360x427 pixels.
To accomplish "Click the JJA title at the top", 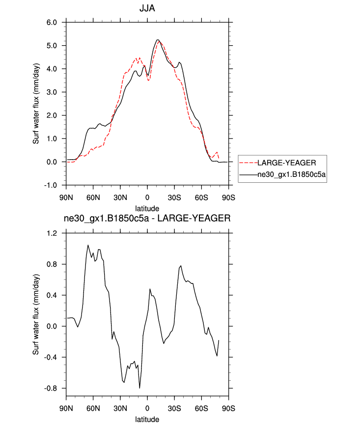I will coord(147,8).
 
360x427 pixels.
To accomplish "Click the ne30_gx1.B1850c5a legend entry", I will coord(292,174).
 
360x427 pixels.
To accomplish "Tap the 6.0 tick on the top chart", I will coord(52,23).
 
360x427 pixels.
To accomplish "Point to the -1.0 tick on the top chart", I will coord(51,185).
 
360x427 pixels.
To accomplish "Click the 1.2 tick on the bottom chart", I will coord(52,233).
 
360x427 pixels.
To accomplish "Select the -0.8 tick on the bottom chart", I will coord(51,388).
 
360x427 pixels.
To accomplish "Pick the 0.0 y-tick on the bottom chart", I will coord(52,326).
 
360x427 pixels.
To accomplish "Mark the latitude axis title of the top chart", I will coord(147,208).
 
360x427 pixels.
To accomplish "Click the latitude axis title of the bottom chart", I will coord(147,420).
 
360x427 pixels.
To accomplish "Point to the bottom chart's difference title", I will coord(147,219).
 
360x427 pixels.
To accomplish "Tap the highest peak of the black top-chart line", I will coord(158,40).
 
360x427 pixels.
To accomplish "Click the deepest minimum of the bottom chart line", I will coord(139,388).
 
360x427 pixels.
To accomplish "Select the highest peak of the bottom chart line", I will coord(88,245).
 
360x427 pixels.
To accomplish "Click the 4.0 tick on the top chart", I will coord(52,69).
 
